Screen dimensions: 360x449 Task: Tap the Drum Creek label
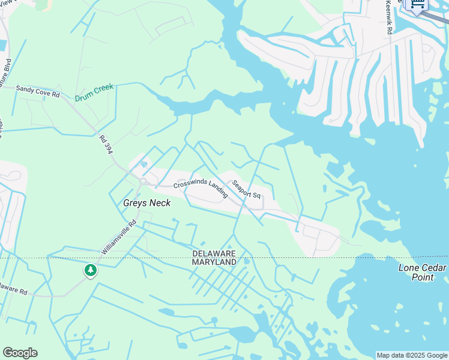[x=94, y=92]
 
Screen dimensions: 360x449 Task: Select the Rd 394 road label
[x=106, y=144]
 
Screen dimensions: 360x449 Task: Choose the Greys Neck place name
[x=146, y=203]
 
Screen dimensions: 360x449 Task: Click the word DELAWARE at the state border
[x=214, y=254]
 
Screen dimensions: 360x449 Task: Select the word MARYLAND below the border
[x=214, y=263]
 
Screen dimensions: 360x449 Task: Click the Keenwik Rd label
[x=389, y=17]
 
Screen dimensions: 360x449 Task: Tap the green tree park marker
[x=91, y=271]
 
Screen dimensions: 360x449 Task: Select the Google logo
[x=20, y=353]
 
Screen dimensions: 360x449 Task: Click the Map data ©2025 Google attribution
[x=412, y=355]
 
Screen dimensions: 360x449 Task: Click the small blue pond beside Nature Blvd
[x=2, y=44]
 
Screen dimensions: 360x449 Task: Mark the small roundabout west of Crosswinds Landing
[x=143, y=179]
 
